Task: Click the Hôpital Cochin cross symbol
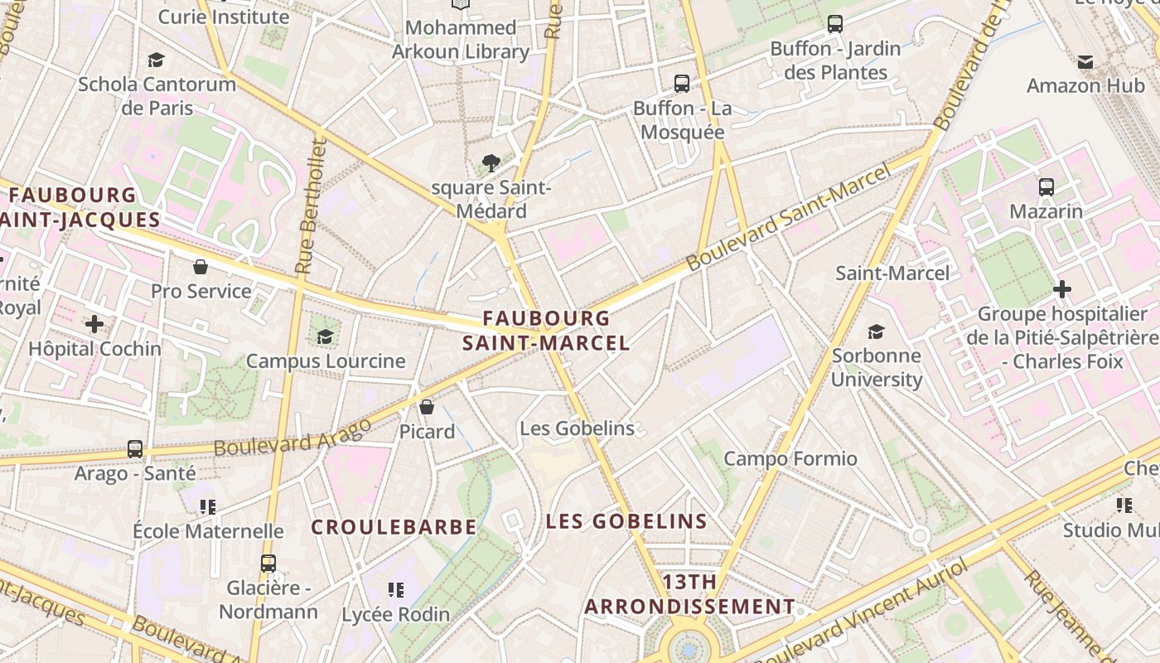[x=94, y=324]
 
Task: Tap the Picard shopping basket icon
[x=427, y=407]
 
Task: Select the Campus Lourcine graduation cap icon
[x=325, y=336]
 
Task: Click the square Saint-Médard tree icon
[x=491, y=163]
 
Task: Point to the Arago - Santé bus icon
[x=135, y=449]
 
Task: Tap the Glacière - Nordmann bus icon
[x=268, y=564]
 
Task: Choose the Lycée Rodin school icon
[x=396, y=590]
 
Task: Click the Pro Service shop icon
[x=201, y=267]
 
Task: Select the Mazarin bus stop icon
[x=1046, y=187]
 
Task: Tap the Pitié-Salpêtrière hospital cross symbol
[x=1061, y=289]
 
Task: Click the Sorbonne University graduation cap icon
[x=876, y=331]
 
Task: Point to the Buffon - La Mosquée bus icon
[x=682, y=84]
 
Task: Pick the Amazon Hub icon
[x=1085, y=61]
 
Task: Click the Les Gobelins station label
[x=577, y=428]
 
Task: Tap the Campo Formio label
[x=790, y=458]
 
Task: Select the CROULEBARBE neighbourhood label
[x=394, y=527]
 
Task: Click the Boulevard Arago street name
[x=292, y=438]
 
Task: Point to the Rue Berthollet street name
[x=311, y=206]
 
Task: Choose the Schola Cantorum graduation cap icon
[x=156, y=60]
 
